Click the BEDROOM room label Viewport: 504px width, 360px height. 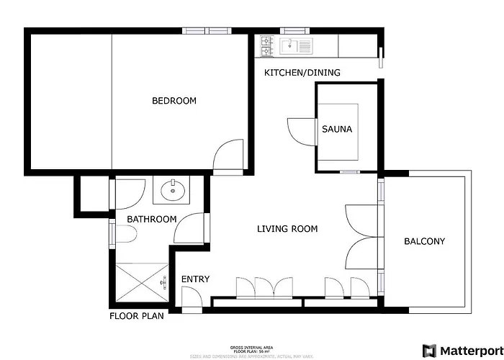[174, 101]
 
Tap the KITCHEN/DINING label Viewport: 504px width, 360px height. [302, 73]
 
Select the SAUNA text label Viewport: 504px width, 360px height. [337, 130]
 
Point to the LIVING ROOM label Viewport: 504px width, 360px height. [287, 229]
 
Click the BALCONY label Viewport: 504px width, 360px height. [424, 241]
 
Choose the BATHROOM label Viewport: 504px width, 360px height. [151, 219]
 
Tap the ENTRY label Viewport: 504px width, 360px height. [194, 279]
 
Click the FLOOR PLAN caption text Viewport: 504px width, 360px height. [137, 315]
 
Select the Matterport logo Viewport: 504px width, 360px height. [459, 351]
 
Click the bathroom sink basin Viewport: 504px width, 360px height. [173, 192]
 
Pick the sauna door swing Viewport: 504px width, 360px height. [301, 131]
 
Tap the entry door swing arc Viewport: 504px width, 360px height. [192, 297]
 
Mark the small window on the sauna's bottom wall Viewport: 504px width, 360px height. [349, 172]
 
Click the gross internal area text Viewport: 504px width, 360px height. [251, 346]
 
